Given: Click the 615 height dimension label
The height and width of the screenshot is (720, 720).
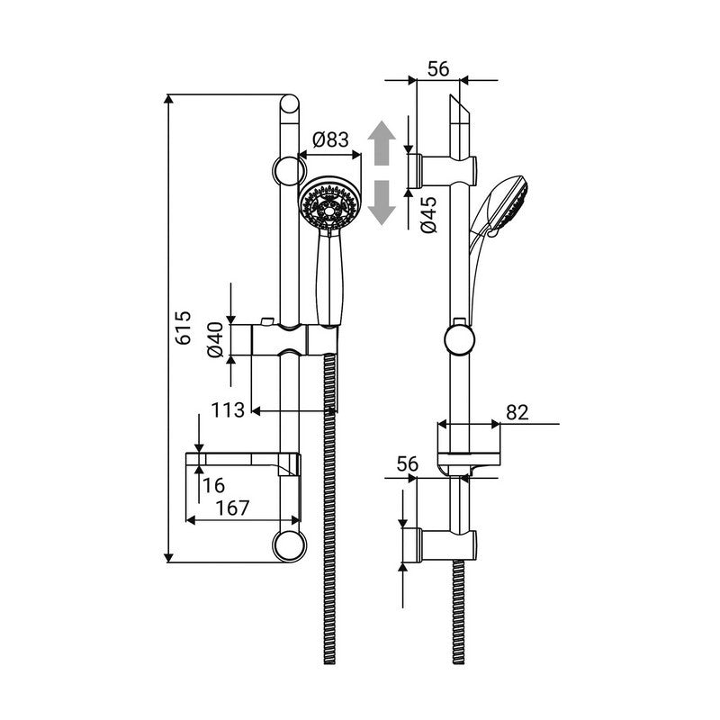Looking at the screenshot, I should pyautogui.click(x=184, y=328).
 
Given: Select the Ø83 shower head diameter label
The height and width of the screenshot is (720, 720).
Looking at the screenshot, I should pyautogui.click(x=330, y=139).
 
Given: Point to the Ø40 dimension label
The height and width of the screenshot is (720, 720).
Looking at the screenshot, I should pyautogui.click(x=215, y=340).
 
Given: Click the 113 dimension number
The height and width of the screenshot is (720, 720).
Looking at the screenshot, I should pyautogui.click(x=229, y=410).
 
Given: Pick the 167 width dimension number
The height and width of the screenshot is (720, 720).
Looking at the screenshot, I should pyautogui.click(x=232, y=508).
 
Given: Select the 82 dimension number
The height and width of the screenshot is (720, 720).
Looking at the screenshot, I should pyautogui.click(x=517, y=412).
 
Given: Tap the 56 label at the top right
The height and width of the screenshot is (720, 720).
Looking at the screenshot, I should pyautogui.click(x=439, y=68).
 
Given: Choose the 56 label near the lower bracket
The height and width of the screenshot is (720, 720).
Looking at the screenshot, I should pyautogui.click(x=409, y=464).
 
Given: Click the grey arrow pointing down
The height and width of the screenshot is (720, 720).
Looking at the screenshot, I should pyautogui.click(x=383, y=201).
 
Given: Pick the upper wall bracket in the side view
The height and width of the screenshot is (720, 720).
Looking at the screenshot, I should pyautogui.click(x=446, y=167).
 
